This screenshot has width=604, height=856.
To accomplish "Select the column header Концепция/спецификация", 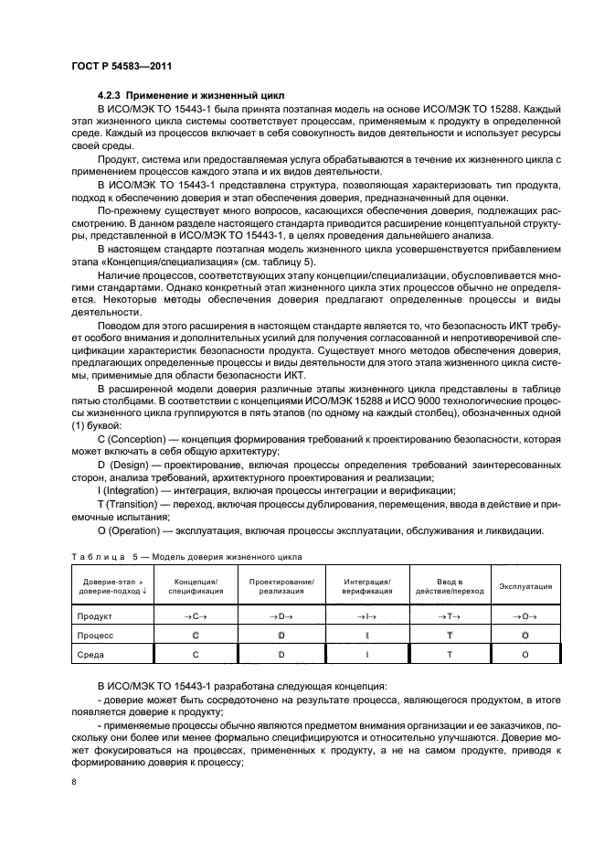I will pyautogui.click(x=194, y=586).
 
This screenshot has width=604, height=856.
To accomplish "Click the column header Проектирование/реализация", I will pyautogui.click(x=281, y=586).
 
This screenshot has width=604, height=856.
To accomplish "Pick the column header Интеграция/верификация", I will pyautogui.click(x=366, y=586).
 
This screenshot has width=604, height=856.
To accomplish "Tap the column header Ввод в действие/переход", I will pyautogui.click(x=448, y=586).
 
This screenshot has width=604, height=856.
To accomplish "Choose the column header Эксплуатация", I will pyautogui.click(x=525, y=586).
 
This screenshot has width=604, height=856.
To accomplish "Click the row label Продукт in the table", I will pyautogui.click(x=95, y=616).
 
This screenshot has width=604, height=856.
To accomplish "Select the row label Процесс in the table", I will pyautogui.click(x=95, y=635).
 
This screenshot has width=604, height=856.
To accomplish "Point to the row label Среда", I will pyautogui.click(x=92, y=653).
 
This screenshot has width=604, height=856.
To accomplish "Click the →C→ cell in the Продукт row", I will pyautogui.click(x=194, y=616).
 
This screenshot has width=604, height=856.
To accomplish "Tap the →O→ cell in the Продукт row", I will pyautogui.click(x=525, y=616).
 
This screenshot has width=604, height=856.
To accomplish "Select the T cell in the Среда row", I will pyautogui.click(x=448, y=653).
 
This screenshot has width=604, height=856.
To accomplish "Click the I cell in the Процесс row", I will pyautogui.click(x=366, y=635).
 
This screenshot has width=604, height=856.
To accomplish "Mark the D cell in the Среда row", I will pyautogui.click(x=281, y=653).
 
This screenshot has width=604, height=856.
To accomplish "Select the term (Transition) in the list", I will pyautogui.click(x=137, y=504).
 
